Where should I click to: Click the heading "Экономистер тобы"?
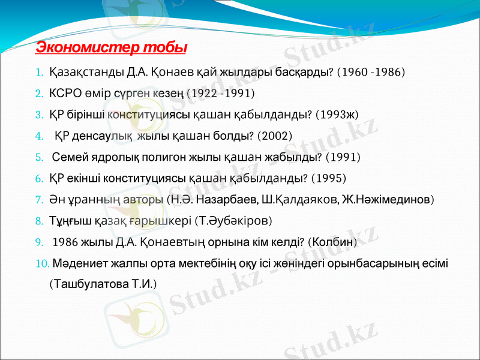tap(112, 47)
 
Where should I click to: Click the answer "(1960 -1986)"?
tap(371, 73)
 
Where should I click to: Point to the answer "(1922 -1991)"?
tap(221, 94)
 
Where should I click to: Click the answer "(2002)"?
tap(274, 136)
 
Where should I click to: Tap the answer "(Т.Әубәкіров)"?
tap(234, 220)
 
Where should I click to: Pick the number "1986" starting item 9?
tap(65, 242)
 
